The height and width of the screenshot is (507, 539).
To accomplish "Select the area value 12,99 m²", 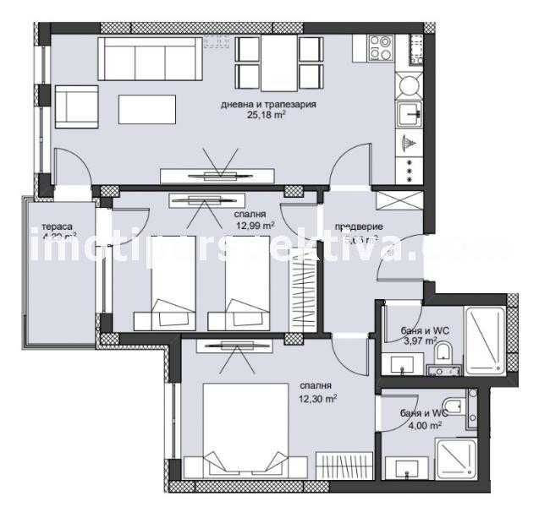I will point(255,226).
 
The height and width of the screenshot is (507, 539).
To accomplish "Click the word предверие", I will point(359,226).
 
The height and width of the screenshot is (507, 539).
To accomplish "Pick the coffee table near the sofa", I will point(148,107).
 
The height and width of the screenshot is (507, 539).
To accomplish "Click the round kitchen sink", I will point(409,85).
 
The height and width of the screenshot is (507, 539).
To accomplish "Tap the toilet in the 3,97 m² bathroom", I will point(448,356).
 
